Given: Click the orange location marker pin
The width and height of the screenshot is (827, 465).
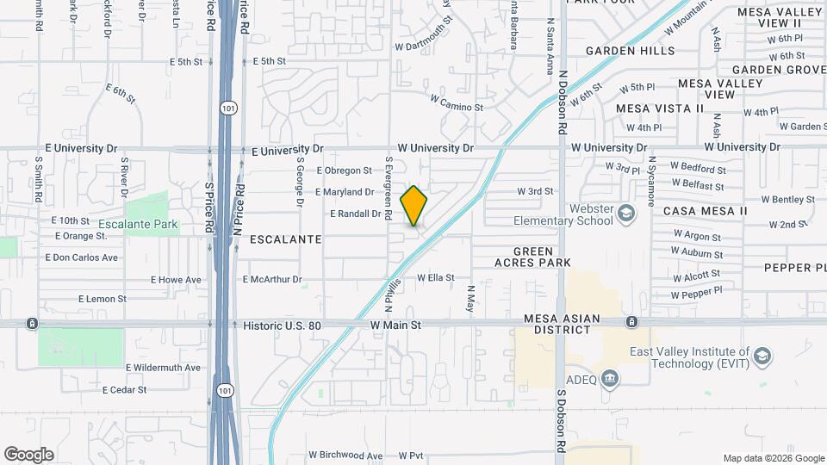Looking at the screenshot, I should tap(413, 206).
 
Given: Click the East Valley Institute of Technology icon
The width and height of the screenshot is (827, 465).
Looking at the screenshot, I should tap(762, 356).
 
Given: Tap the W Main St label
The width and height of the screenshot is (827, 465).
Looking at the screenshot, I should tap(395, 325).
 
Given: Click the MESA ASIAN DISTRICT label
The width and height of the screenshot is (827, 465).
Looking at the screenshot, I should tap(563, 325).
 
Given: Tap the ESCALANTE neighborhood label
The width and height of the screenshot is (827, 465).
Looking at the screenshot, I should tap(285, 239).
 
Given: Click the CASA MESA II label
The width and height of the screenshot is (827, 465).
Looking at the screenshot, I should tap(705, 211).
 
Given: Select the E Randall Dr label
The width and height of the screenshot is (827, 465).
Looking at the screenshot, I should tap(355, 214).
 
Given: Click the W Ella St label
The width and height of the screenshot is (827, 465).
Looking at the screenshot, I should tap(435, 277).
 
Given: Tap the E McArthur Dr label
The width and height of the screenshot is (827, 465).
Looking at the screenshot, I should tap(273, 279).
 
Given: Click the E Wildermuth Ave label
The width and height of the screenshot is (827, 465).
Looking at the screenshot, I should tap(163, 368).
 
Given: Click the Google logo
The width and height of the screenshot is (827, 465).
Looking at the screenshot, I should tap(28, 455).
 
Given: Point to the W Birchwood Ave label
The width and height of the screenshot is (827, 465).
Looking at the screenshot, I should tap(345, 456).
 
